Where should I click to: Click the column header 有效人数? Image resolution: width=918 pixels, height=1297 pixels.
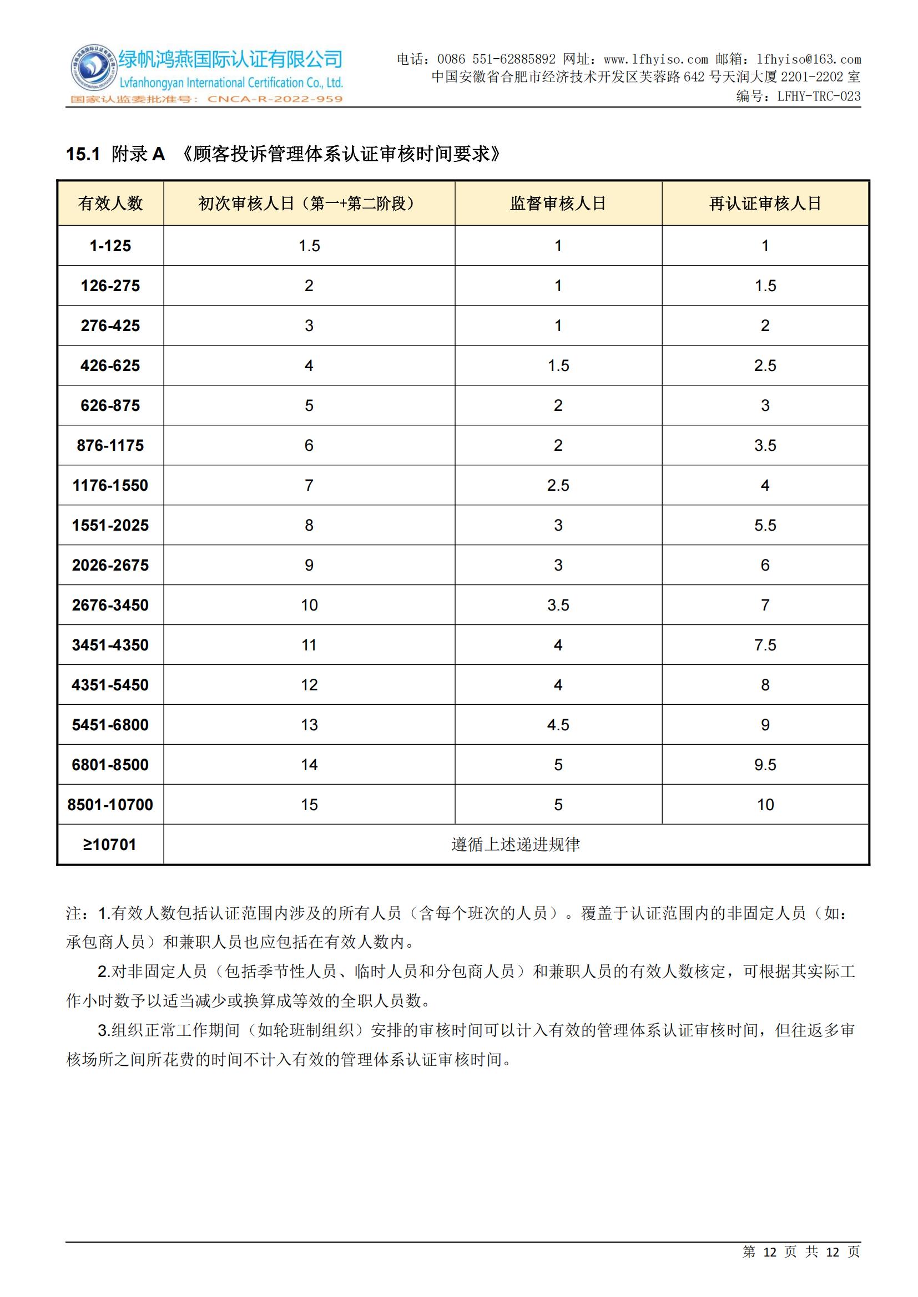[x=110, y=204]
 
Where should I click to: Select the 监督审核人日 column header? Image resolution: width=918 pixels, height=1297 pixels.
[x=558, y=204]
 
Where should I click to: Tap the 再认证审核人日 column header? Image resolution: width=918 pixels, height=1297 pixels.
[x=765, y=204]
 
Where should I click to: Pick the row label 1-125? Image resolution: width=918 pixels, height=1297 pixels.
[x=110, y=246]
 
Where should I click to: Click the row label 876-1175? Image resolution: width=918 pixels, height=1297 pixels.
[x=110, y=445]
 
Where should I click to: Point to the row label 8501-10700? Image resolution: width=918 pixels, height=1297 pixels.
[x=110, y=805]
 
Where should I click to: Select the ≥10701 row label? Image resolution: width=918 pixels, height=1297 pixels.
[x=110, y=845]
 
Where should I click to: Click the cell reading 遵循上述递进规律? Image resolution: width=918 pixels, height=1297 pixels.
[x=516, y=845]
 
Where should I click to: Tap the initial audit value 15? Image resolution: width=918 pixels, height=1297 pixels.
[x=309, y=805]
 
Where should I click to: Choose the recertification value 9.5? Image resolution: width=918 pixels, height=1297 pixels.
[x=765, y=764]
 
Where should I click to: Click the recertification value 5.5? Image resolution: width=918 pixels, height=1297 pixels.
[x=765, y=525]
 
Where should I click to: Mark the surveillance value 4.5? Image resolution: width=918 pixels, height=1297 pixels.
[x=558, y=725]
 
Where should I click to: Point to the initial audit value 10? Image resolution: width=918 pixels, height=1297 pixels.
[x=309, y=605]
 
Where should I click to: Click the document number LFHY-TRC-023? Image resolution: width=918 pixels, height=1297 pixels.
[x=819, y=96]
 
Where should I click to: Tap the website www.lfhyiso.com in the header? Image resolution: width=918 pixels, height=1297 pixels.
[x=655, y=59]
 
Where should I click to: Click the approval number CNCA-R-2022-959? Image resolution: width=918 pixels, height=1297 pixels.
[x=275, y=99]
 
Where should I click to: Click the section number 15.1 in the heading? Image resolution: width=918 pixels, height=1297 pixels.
[x=83, y=154]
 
